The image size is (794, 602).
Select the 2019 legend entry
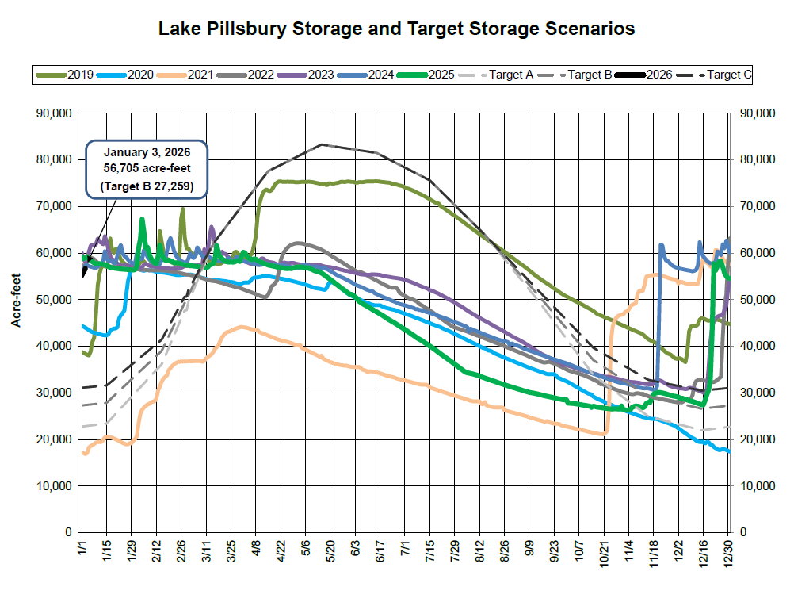click(65, 75)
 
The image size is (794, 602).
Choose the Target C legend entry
click(714, 75)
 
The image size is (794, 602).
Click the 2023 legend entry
click(306, 75)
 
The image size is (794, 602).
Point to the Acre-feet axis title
click(14, 322)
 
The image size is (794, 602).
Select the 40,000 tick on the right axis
click(756, 346)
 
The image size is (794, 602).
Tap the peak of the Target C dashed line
click(322, 144)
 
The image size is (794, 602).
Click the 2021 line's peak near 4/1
click(242, 326)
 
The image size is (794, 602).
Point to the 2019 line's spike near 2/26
click(183, 209)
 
